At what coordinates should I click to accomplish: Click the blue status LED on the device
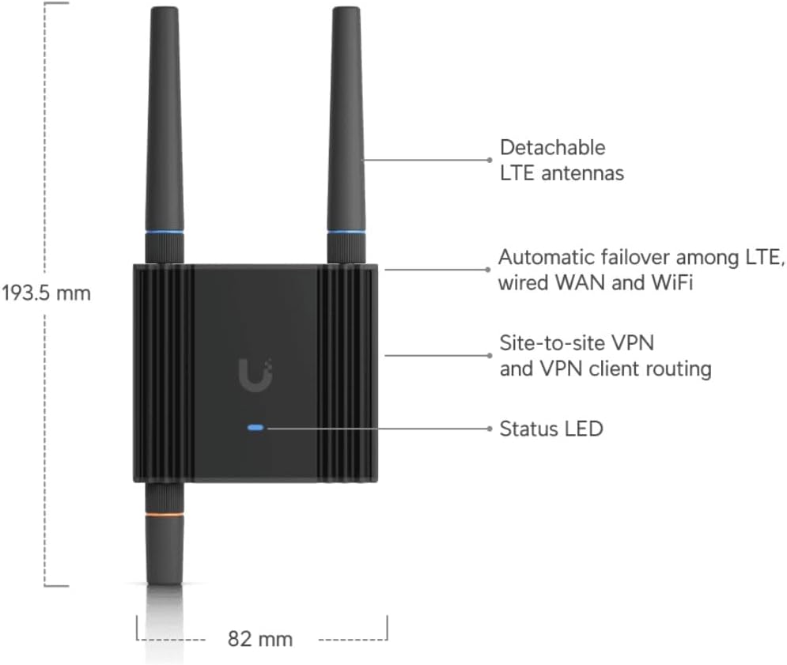(256, 428)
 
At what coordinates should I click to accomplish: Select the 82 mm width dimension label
(259, 638)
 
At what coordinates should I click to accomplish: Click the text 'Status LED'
(551, 429)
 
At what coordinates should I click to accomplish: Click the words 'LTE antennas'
(562, 172)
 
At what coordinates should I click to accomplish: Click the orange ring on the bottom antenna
(165, 515)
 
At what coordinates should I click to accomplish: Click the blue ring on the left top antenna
(165, 232)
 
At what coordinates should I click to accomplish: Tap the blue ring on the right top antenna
(347, 232)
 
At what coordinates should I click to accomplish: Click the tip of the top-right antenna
(347, 11)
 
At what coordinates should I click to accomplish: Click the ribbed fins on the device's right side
(348, 372)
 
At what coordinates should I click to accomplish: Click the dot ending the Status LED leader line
(490, 429)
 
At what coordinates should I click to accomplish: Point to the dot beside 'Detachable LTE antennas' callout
(490, 159)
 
